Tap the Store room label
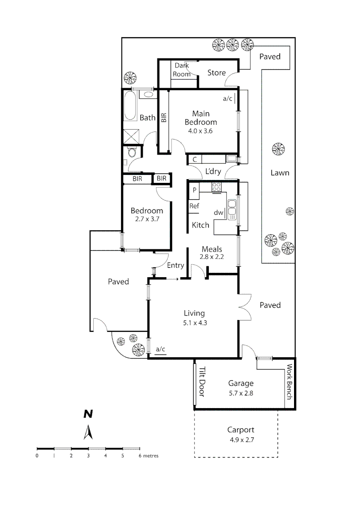[217, 73]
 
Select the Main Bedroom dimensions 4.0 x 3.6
[200, 131]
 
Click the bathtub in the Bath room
[130, 106]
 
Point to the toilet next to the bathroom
[132, 153]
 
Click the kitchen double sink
[232, 210]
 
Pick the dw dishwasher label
[218, 213]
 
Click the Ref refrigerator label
[194, 206]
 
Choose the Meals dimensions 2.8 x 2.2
[212, 257]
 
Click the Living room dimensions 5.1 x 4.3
[194, 323]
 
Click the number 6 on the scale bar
[139, 456]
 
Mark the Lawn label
[279, 173]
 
